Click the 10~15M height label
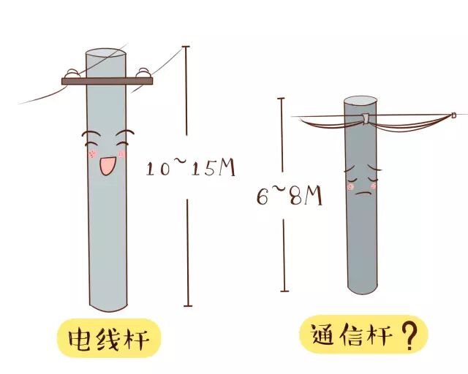click(191, 169)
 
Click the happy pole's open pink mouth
click(107, 165)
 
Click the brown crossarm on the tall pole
click(107, 81)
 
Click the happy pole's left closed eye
click(91, 137)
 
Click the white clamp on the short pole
click(364, 119)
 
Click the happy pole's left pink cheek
click(91, 154)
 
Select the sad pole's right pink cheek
click(375, 186)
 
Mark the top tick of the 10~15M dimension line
click(187, 46)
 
